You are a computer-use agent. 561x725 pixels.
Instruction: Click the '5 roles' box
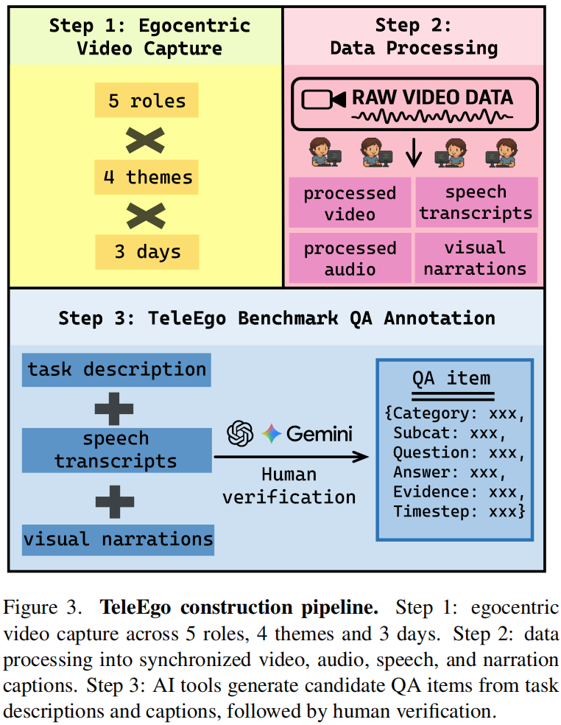[147, 99]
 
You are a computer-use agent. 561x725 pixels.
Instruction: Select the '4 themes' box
[147, 176]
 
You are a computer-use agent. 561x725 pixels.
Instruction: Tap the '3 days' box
[147, 252]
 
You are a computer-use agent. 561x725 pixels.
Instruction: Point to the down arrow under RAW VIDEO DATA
[414, 152]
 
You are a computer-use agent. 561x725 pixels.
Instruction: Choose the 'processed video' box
[350, 203]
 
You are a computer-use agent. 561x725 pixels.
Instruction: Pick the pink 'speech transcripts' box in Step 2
[476, 203]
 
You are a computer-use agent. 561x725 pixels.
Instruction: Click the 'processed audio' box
[350, 258]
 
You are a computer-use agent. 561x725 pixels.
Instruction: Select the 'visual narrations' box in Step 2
[476, 258]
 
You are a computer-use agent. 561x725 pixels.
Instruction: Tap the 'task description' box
[116, 370]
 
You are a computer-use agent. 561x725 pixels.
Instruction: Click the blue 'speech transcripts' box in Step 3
[116, 449]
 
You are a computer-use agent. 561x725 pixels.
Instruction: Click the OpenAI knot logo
[240, 433]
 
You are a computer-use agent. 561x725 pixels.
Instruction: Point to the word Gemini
[320, 433]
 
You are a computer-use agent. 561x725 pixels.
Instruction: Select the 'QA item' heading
[452, 379]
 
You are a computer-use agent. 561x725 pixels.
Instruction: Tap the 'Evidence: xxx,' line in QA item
[457, 492]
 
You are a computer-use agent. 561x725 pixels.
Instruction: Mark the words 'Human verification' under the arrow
[289, 486]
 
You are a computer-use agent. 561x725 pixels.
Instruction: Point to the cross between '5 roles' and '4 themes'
[147, 139]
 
